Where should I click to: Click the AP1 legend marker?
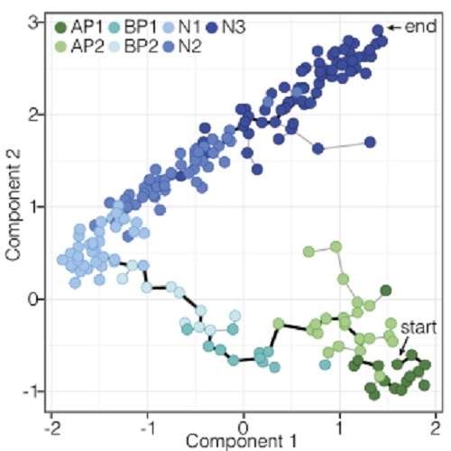60,28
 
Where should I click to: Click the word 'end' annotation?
418,29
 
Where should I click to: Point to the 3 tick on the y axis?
32,23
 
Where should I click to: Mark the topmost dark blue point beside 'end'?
378,30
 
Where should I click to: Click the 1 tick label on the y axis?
32,207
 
